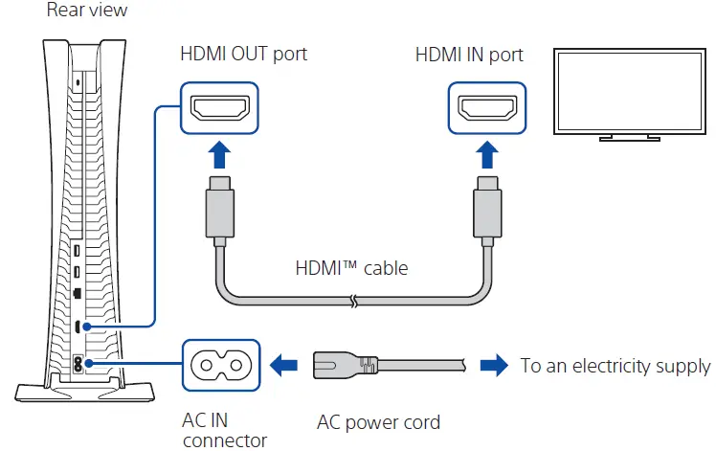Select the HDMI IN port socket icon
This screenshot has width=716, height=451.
pyautogui.click(x=487, y=108)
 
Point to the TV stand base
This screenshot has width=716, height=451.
pyautogui.click(x=628, y=139)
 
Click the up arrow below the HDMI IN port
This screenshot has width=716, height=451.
pyautogui.click(x=487, y=156)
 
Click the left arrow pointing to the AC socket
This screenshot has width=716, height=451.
pyautogui.click(x=285, y=365)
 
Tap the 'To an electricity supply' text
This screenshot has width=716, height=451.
pyautogui.click(x=615, y=366)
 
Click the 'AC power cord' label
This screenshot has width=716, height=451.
pyautogui.click(x=379, y=422)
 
